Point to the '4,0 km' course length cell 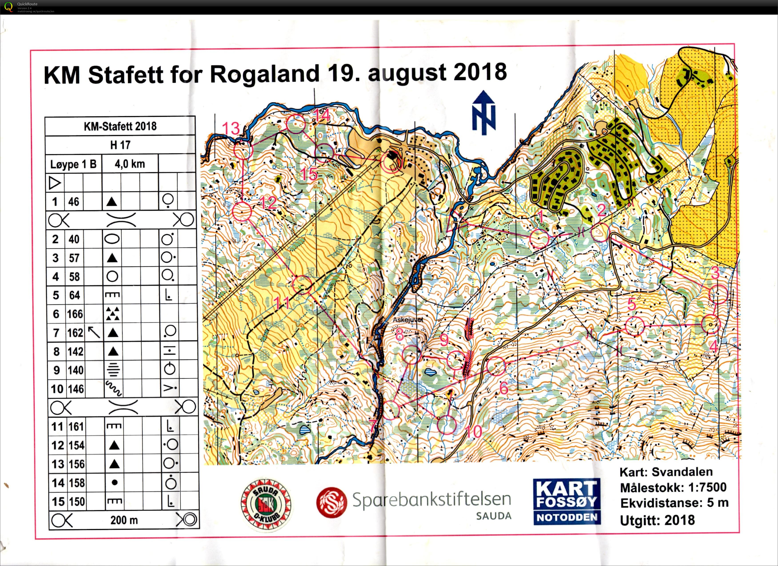[130, 164]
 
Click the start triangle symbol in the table [55, 183]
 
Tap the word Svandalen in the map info [682, 472]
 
